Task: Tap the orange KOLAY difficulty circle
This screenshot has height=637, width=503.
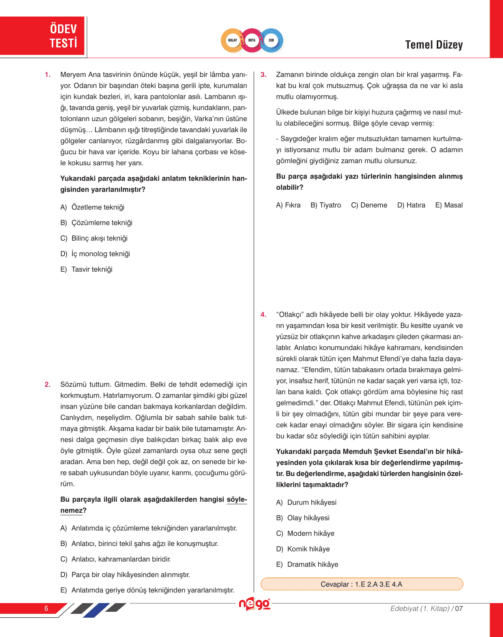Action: (232, 40)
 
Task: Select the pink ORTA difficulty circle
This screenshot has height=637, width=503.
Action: (252, 40)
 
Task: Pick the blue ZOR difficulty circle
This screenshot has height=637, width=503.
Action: (271, 40)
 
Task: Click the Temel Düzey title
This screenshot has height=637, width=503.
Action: (434, 45)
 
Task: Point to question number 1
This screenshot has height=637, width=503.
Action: (48, 75)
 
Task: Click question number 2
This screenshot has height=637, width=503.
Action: (48, 385)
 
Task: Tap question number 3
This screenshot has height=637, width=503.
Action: (264, 75)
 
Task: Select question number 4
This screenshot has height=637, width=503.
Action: (264, 315)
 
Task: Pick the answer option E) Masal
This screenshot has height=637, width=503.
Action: (449, 205)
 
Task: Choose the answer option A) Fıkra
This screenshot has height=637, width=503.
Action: (288, 205)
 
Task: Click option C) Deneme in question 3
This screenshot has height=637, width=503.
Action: (369, 205)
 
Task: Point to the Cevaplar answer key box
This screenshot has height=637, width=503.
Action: (361, 584)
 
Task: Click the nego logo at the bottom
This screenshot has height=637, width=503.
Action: (254, 604)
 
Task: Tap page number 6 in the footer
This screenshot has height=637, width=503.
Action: (46, 608)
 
